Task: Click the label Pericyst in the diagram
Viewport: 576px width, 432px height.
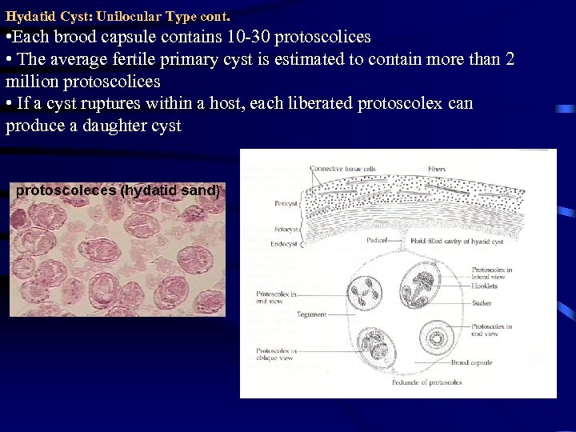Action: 286,203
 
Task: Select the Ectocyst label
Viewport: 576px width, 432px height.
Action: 286,229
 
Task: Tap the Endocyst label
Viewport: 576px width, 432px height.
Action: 284,243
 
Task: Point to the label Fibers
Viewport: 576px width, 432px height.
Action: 437,169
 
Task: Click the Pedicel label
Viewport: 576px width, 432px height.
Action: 377,240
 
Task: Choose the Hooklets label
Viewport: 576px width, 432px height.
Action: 484,286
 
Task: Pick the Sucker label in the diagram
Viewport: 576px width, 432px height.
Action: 481,304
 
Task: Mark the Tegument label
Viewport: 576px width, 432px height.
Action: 311,314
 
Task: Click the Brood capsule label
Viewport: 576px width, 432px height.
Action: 472,363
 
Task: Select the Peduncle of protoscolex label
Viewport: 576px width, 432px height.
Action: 426,382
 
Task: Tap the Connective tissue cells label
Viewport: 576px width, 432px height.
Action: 342,169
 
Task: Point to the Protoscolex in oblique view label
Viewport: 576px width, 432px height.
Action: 276,354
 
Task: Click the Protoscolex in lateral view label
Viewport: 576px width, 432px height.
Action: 491,274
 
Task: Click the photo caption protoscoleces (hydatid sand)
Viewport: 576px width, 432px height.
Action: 118,190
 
